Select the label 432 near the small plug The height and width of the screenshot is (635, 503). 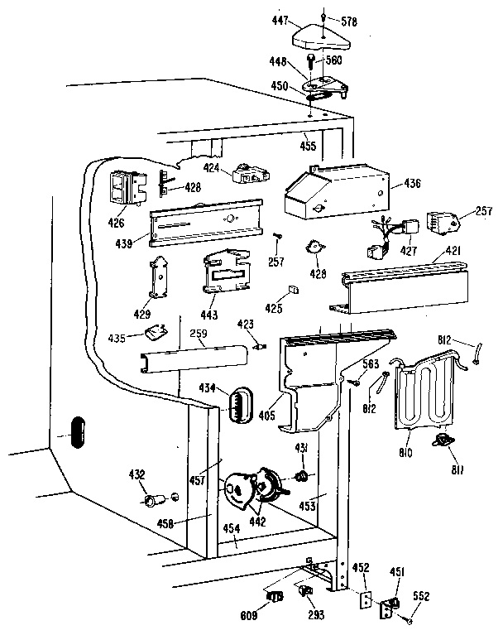136,474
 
